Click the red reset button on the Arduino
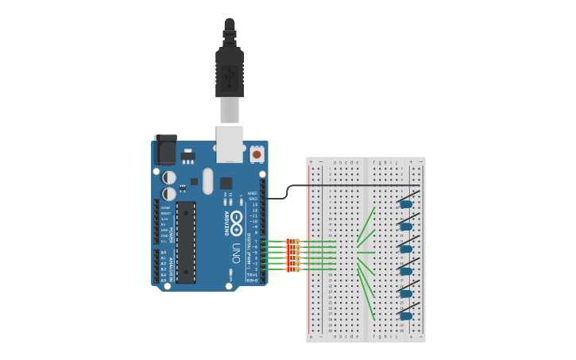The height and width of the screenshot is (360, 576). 257,152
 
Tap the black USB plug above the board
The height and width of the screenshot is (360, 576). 230,68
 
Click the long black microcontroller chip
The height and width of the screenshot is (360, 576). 185,242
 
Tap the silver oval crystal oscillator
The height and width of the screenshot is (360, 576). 208,180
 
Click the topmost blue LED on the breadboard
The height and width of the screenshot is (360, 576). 406,204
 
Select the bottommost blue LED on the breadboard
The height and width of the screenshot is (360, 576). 406,315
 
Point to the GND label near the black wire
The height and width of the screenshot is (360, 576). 253,198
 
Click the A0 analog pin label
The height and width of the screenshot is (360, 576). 164,252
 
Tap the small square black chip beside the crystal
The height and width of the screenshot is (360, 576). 226,182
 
